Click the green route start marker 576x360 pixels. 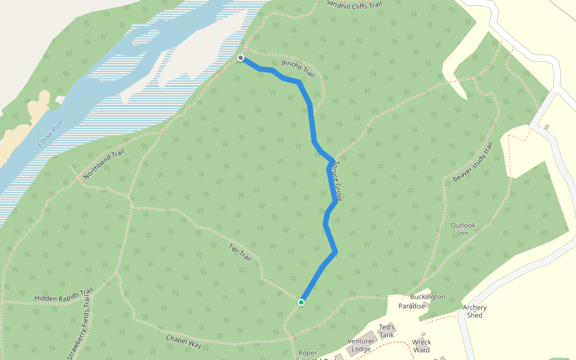301,302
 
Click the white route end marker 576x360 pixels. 241,58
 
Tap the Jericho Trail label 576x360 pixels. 298,68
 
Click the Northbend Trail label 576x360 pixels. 104,164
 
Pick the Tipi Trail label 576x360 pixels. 240,252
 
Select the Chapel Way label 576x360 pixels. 184,341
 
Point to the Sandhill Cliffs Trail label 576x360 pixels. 353,4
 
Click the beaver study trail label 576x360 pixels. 473,163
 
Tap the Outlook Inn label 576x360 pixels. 463,229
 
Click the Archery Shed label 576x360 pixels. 475,311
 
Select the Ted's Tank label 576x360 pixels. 386,331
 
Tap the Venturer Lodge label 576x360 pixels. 361,345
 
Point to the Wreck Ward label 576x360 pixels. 421,346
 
